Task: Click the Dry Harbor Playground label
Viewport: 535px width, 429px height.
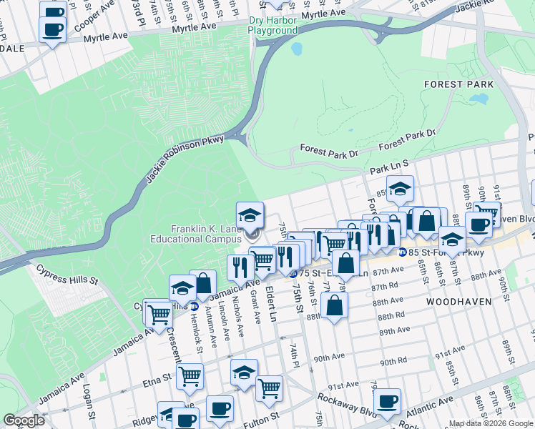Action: pos(273,26)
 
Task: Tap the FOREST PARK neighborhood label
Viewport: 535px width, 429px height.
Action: pos(468,84)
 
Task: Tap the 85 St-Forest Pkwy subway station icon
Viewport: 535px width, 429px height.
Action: pos(403,252)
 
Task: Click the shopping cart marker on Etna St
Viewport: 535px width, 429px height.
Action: pos(190,375)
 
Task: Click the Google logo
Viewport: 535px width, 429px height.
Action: pos(24,420)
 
